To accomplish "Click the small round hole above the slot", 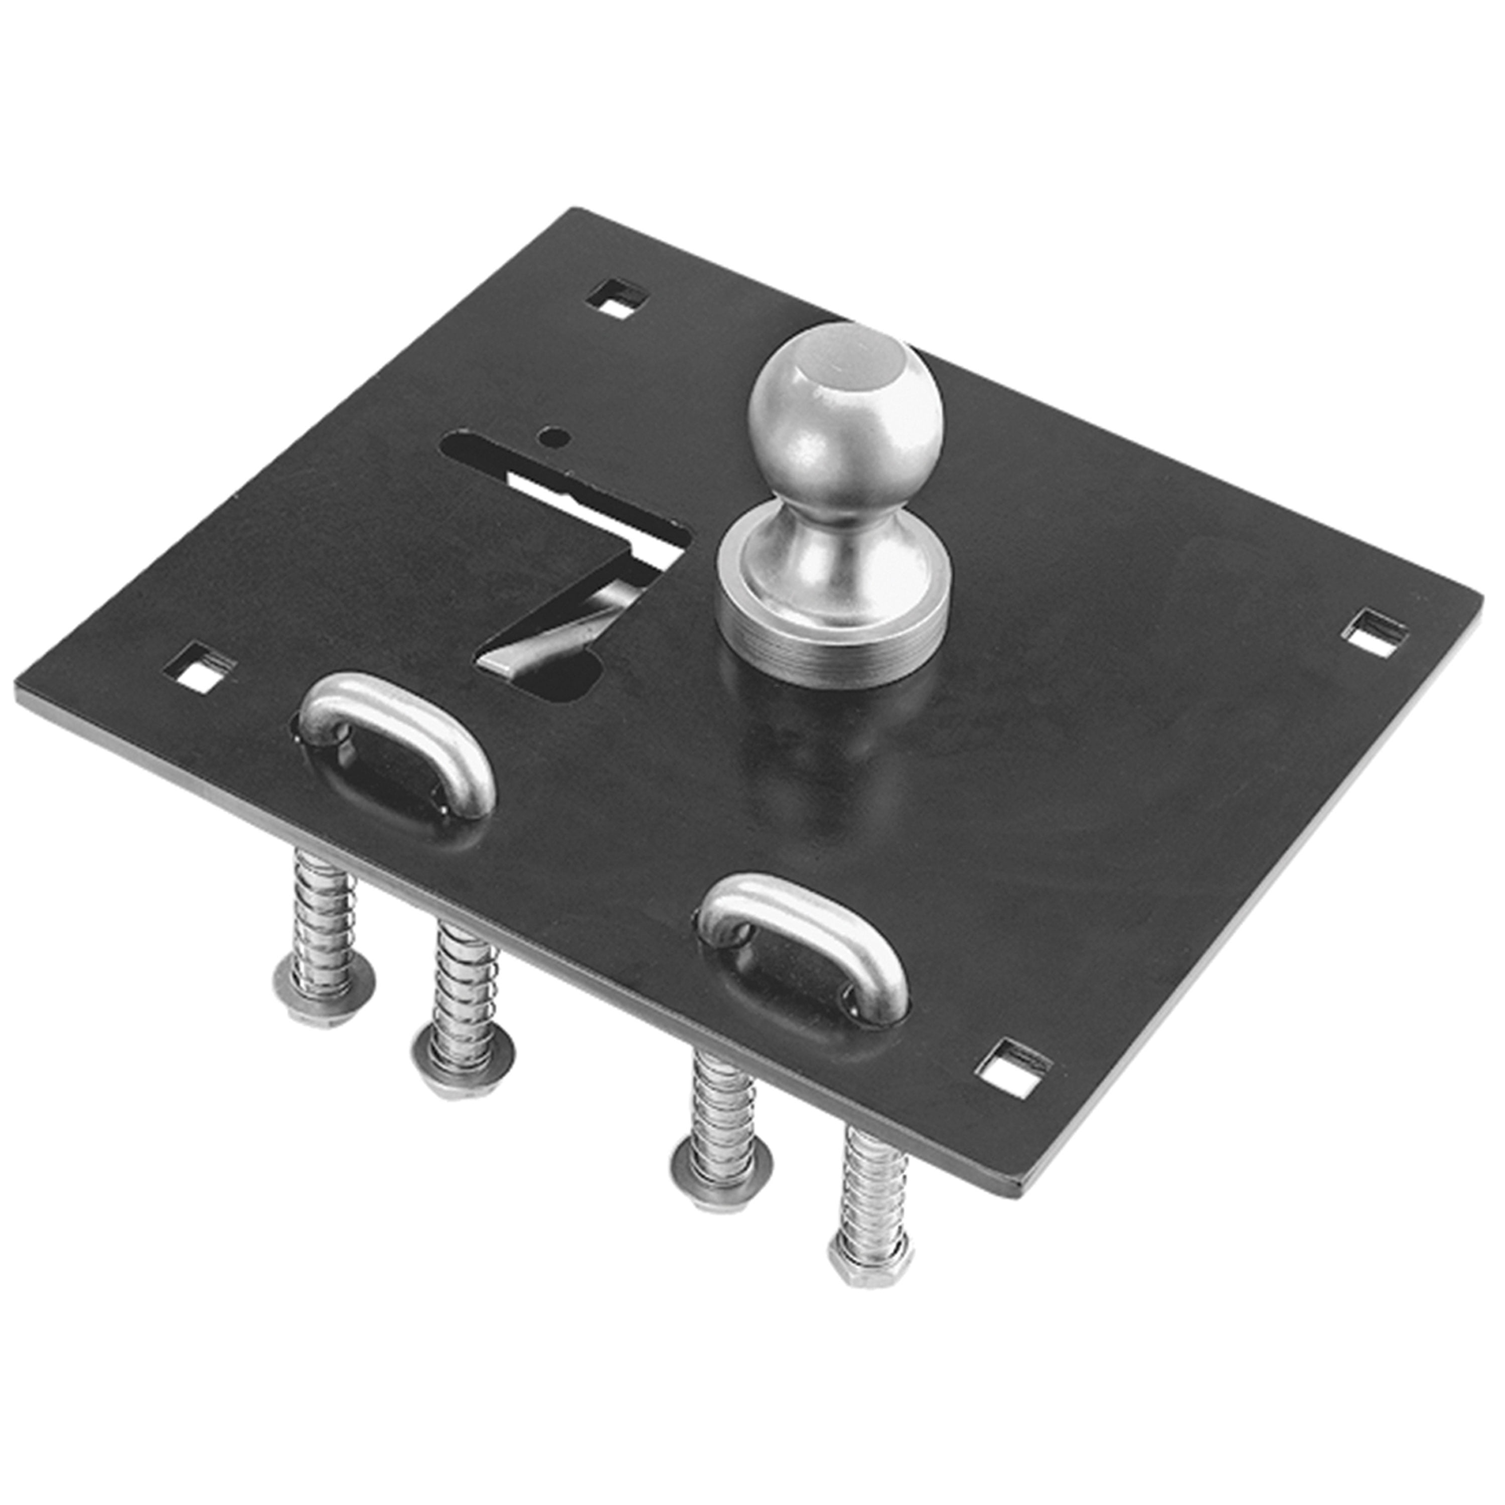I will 553,436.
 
